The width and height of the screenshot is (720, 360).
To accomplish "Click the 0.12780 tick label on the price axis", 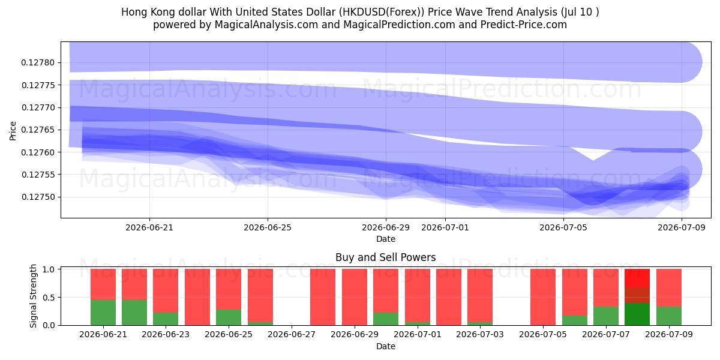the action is (x=38, y=62).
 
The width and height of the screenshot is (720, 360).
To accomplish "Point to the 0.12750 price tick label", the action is (x=38, y=197).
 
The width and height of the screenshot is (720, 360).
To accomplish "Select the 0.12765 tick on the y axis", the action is (x=38, y=130).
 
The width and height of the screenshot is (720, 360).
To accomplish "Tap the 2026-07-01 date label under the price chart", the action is (x=445, y=227).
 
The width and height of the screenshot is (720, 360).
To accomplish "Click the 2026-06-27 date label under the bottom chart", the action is (x=292, y=334).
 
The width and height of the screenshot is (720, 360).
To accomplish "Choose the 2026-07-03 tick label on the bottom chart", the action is (x=480, y=334).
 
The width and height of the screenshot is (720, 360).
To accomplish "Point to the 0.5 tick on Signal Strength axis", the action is (x=49, y=298).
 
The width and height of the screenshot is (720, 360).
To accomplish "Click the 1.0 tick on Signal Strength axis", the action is (x=49, y=269).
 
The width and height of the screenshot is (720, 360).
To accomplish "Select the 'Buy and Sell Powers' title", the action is (x=386, y=257).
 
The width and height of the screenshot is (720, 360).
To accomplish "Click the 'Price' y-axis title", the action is (x=13, y=131).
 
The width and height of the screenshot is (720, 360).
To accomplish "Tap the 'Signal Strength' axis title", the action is (x=33, y=296).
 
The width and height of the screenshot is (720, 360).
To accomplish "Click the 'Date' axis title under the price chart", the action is (x=386, y=239).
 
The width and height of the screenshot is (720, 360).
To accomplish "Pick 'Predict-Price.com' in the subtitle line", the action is (x=524, y=25).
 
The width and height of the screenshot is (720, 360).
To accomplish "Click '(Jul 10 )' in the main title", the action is (x=580, y=12).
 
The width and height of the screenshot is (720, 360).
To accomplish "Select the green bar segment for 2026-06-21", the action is (x=103, y=313).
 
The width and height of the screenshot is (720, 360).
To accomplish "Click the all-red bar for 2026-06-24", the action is (x=197, y=297).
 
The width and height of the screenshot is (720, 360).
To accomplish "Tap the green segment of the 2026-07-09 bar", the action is (x=669, y=316).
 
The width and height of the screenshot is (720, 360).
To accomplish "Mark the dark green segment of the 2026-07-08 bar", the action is (x=637, y=314).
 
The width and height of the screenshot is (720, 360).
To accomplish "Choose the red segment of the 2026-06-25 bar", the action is (x=229, y=289).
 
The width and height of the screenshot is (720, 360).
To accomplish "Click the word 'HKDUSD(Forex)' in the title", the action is (x=382, y=12).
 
